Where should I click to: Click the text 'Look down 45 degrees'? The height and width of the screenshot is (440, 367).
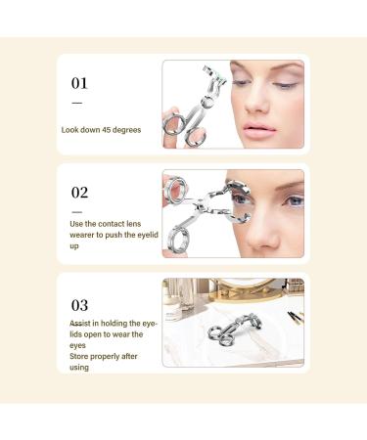coord(102,129)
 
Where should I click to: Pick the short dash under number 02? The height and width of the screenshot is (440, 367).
coord(77,209)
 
